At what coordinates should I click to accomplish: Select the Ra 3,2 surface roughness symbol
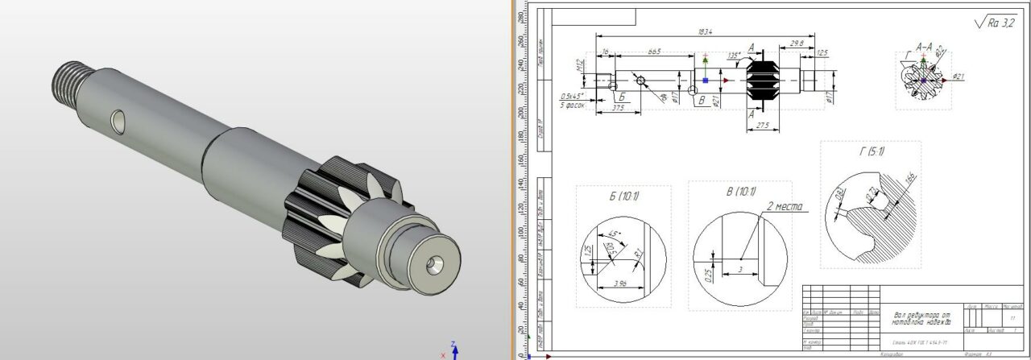pos(996,23)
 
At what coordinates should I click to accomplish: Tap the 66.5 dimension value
pos(653,52)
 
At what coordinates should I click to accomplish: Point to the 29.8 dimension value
pos(797,42)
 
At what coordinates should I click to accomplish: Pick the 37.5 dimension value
pos(619,106)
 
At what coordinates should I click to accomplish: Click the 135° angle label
pos(734,56)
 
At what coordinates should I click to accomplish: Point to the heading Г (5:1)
pos(870,151)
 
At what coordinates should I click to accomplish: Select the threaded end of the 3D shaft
pos(69,81)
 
